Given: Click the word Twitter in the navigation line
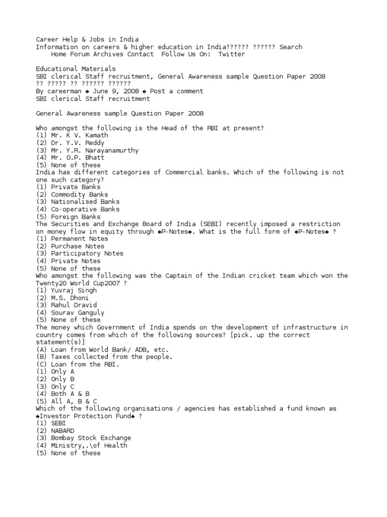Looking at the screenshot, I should (x=231, y=54).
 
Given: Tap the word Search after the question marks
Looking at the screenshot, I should (x=291, y=47).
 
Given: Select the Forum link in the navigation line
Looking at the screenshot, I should (x=79, y=54).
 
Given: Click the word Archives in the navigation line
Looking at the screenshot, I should (x=108, y=54).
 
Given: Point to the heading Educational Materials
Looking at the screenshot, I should (x=76, y=69).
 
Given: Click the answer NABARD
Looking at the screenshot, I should (x=62, y=431).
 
